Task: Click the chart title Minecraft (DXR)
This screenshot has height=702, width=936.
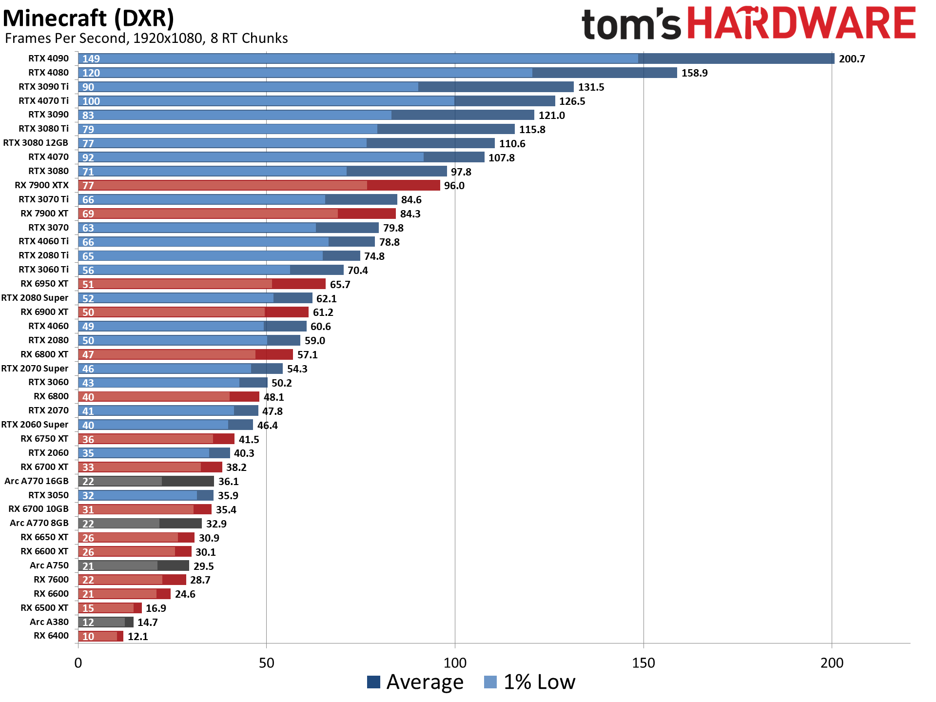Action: pyautogui.click(x=88, y=19)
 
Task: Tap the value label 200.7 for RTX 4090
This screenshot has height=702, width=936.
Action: pyautogui.click(x=852, y=59)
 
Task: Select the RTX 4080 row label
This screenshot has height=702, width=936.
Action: pyautogui.click(x=48, y=73)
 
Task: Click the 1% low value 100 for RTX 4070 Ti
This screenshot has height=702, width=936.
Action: pyautogui.click(x=91, y=101)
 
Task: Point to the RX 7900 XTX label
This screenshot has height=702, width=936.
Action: pyautogui.click(x=41, y=185)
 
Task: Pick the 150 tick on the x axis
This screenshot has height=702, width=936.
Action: pyautogui.click(x=643, y=663)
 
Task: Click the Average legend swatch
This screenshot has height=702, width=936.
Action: pyautogui.click(x=373, y=682)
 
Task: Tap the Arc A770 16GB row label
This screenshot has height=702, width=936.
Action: pyautogui.click(x=37, y=481)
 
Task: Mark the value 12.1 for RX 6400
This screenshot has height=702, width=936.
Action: pyautogui.click(x=138, y=637)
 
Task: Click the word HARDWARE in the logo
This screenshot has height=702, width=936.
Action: pyautogui.click(x=802, y=23)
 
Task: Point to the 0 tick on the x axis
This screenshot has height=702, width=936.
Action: pyautogui.click(x=78, y=663)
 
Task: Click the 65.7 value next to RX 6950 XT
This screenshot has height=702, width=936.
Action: pyautogui.click(x=340, y=285)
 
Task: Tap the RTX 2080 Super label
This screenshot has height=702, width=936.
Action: pyautogui.click(x=35, y=298)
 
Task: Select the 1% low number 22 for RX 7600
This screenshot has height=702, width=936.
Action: pyautogui.click(x=88, y=580)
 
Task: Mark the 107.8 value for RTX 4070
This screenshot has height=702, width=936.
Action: pyautogui.click(x=501, y=158)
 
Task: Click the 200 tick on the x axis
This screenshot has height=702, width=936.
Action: pyautogui.click(x=832, y=663)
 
